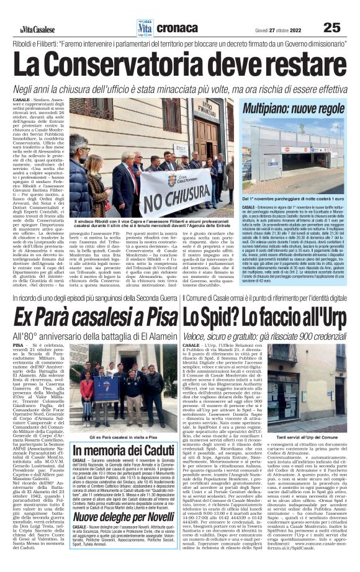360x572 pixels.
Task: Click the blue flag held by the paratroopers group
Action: (106, 388)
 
